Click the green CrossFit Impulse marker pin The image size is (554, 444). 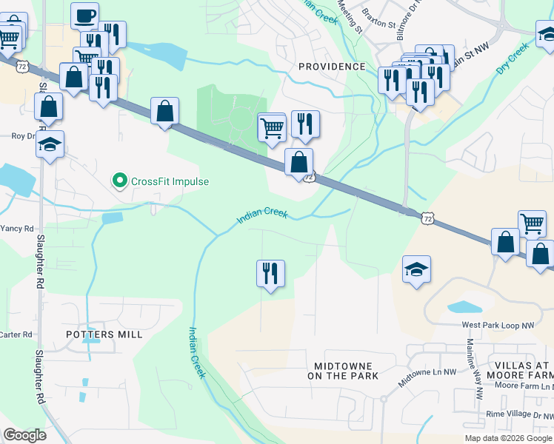tap(119, 181)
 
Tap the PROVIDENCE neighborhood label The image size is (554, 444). tap(332, 67)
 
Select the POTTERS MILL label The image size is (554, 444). tap(104, 334)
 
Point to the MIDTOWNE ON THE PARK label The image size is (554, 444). tap(346, 371)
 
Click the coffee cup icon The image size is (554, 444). tap(84, 15)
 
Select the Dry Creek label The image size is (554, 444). tap(512, 58)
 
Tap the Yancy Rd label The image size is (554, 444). tap(16, 229)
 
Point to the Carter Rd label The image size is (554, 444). tap(16, 334)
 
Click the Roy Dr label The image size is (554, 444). tap(22, 136)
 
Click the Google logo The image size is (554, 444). tap(25, 435)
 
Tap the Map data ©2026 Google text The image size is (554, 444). tap(508, 438)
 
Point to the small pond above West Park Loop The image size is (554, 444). tap(464, 306)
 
